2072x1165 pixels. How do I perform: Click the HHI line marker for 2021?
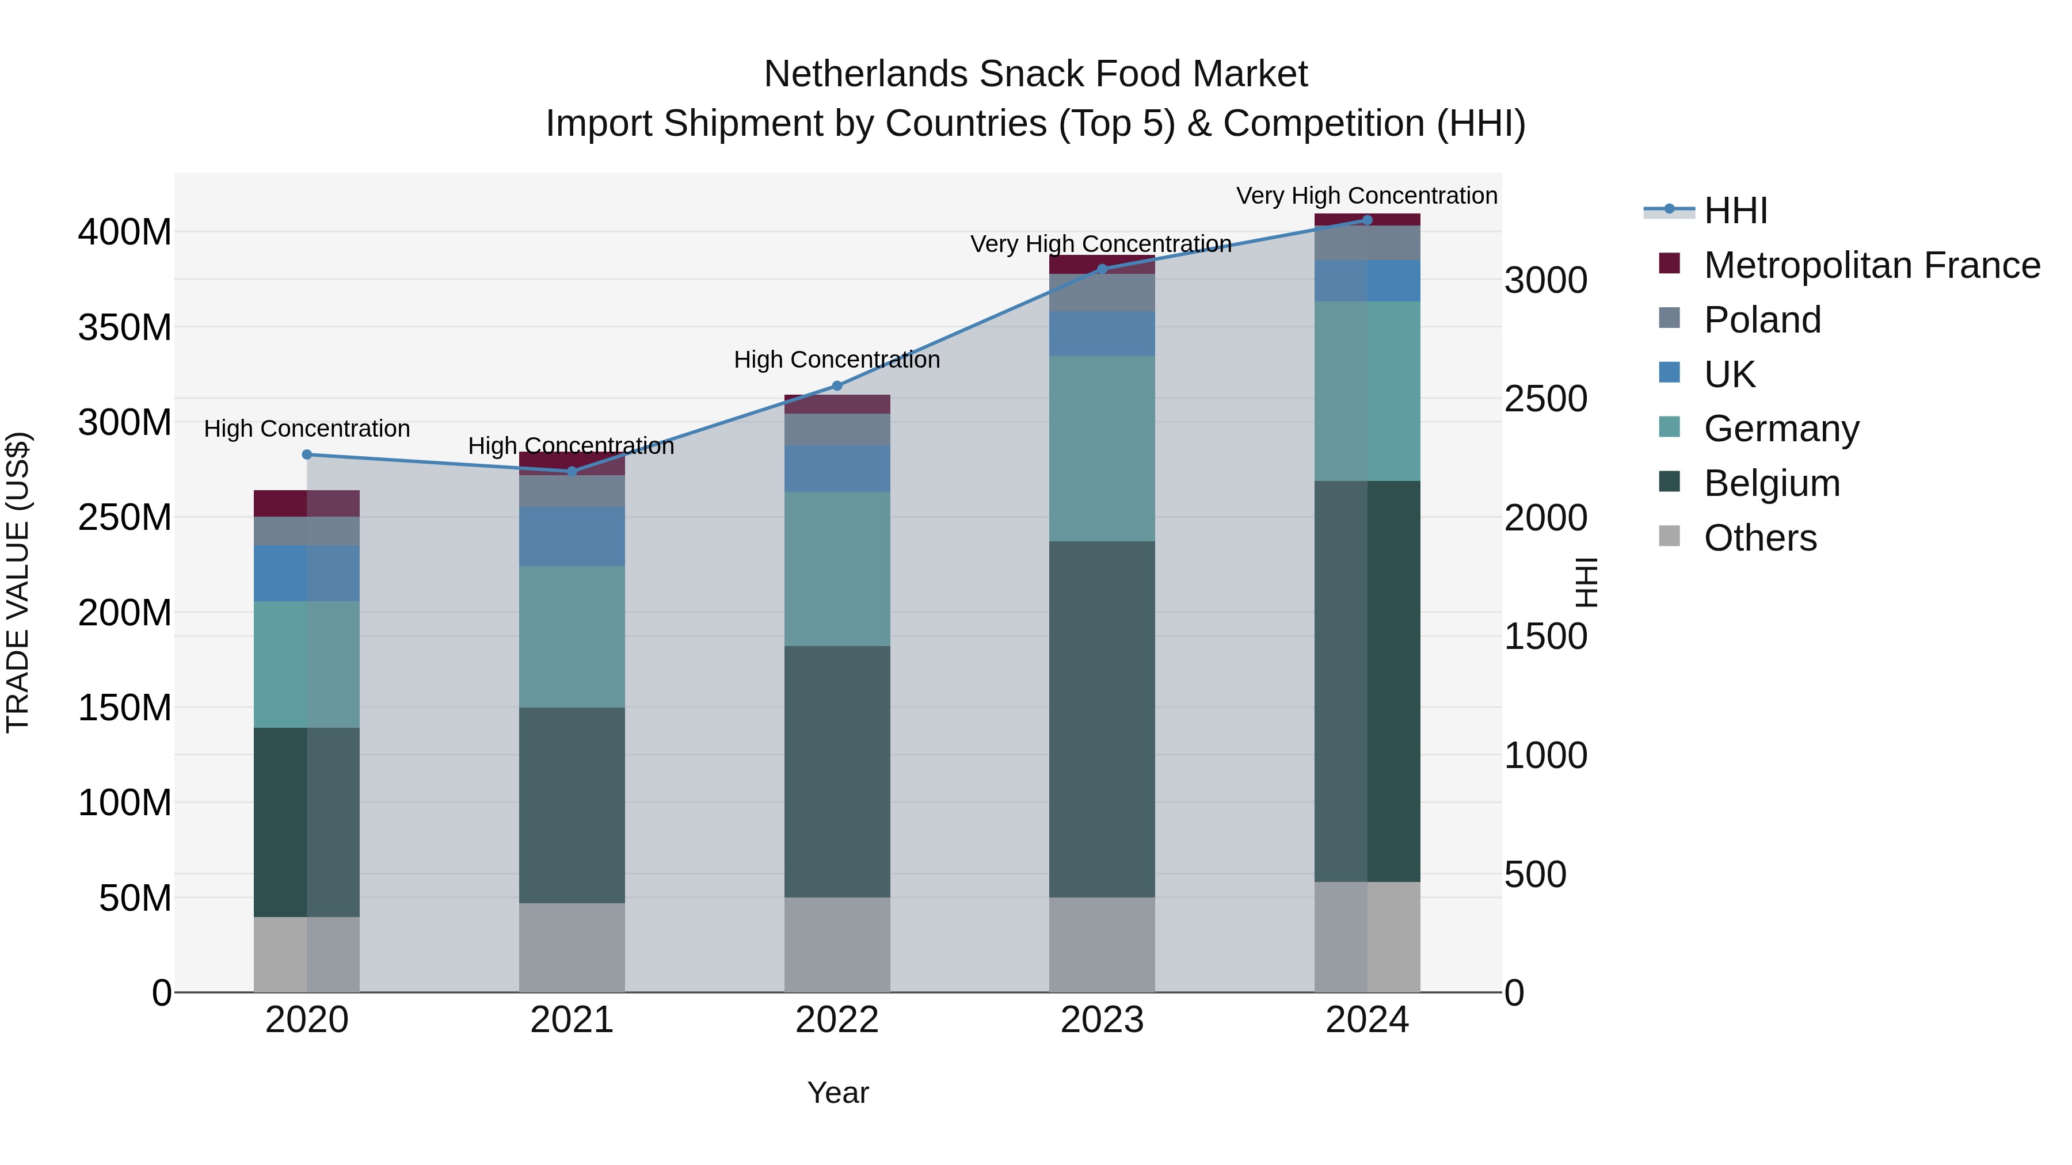click(x=572, y=471)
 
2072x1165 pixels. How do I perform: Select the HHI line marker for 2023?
click(x=1102, y=269)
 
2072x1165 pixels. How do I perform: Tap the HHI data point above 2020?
click(x=306, y=454)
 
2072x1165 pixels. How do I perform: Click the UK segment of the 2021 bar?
click(x=572, y=536)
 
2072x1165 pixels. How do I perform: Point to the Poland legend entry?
click(x=1762, y=320)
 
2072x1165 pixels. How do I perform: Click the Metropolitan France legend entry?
click(x=1871, y=265)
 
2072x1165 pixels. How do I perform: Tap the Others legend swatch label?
click(x=1760, y=538)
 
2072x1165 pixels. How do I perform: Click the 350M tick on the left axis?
click(x=125, y=327)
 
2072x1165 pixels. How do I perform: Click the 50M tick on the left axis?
click(x=135, y=898)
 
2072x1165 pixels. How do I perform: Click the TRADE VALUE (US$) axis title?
click(x=18, y=582)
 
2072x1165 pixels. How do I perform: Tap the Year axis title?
click(x=837, y=1093)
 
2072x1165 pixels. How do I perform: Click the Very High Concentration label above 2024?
click(x=1366, y=196)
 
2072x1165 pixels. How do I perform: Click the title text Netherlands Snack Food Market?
click(x=1035, y=74)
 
